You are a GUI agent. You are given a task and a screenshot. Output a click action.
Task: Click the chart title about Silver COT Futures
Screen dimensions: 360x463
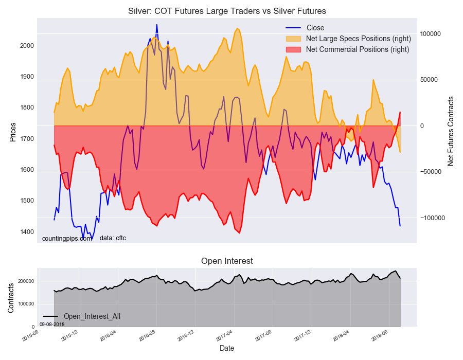pos(227,11)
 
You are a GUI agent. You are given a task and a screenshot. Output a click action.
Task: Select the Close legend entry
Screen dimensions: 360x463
pos(315,28)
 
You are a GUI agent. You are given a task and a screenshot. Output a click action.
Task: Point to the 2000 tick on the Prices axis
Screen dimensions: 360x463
pos(27,46)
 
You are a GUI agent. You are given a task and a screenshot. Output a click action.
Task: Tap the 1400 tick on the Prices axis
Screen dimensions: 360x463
pos(27,232)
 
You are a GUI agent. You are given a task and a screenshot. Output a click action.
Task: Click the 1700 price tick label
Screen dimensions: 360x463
pos(27,139)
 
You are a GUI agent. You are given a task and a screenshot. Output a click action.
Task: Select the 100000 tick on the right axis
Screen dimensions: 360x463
pos(431,33)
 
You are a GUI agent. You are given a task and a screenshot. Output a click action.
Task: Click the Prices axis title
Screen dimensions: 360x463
pos(13,132)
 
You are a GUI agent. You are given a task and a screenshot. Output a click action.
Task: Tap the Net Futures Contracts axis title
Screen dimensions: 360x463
pos(451,131)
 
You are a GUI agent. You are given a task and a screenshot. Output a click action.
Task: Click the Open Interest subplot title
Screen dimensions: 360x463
pos(227,261)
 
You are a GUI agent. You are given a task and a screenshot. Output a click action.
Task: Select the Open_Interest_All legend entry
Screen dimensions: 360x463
pos(92,316)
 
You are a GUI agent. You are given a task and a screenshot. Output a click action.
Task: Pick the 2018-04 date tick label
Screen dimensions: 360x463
pos(341,337)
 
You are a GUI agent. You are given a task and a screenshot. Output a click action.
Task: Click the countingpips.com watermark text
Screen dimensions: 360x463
pos(66,238)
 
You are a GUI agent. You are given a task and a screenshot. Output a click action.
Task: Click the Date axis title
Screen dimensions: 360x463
pos(227,348)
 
